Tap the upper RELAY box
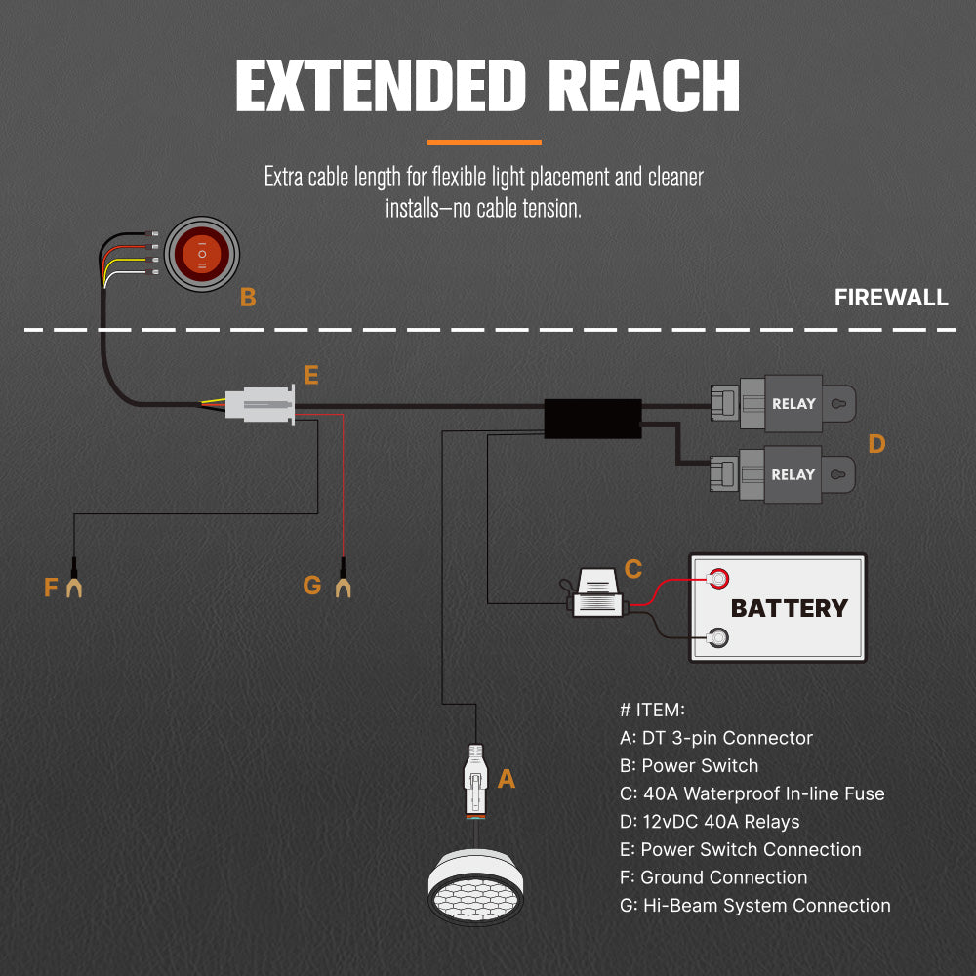click(793, 403)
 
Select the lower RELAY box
click(793, 474)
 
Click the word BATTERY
click(789, 608)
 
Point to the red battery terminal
click(718, 578)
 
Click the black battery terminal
click(718, 639)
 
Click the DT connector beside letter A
click(475, 778)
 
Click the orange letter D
click(876, 444)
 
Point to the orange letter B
click(248, 298)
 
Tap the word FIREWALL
click(891, 298)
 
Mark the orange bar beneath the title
click(485, 142)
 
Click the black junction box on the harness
click(592, 418)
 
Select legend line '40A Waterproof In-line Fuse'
click(752, 793)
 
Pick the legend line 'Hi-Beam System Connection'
click(755, 905)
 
